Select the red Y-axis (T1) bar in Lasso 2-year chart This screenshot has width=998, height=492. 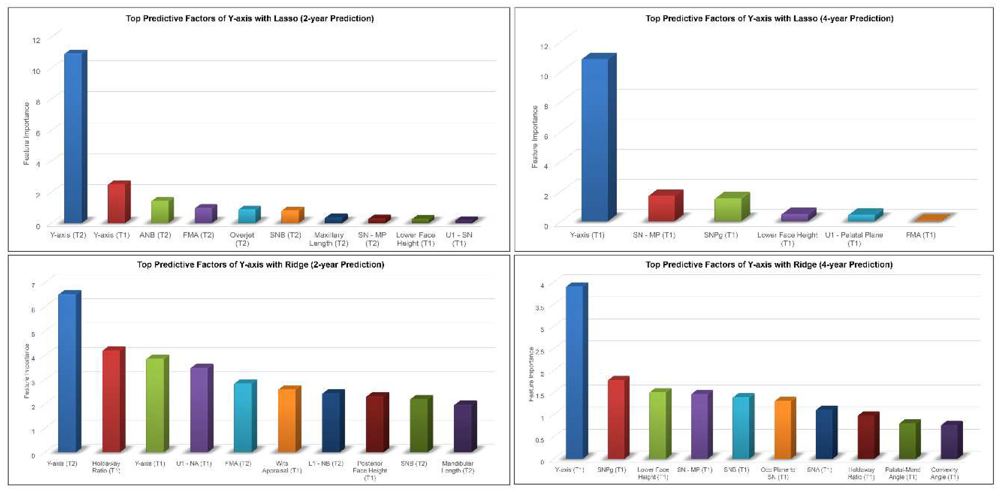tap(116, 203)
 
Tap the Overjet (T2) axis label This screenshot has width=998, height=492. tap(242, 239)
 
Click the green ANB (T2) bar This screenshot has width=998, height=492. tap(160, 211)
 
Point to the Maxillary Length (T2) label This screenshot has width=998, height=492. tap(329, 239)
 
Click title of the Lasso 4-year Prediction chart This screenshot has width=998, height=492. tap(769, 18)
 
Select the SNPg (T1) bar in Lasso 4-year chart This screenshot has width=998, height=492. tap(728, 209)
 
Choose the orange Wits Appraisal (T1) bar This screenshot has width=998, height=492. tap(287, 420)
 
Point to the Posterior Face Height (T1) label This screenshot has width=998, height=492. tap(370, 470)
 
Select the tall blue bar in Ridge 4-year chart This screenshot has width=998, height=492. tap(575, 372)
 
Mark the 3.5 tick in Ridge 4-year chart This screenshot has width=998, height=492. tap(540, 307)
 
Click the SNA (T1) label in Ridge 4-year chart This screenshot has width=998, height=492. tap(819, 469)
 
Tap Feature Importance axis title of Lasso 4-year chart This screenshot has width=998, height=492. tap(535, 137)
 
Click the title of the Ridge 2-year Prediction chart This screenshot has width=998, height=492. tap(260, 264)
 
